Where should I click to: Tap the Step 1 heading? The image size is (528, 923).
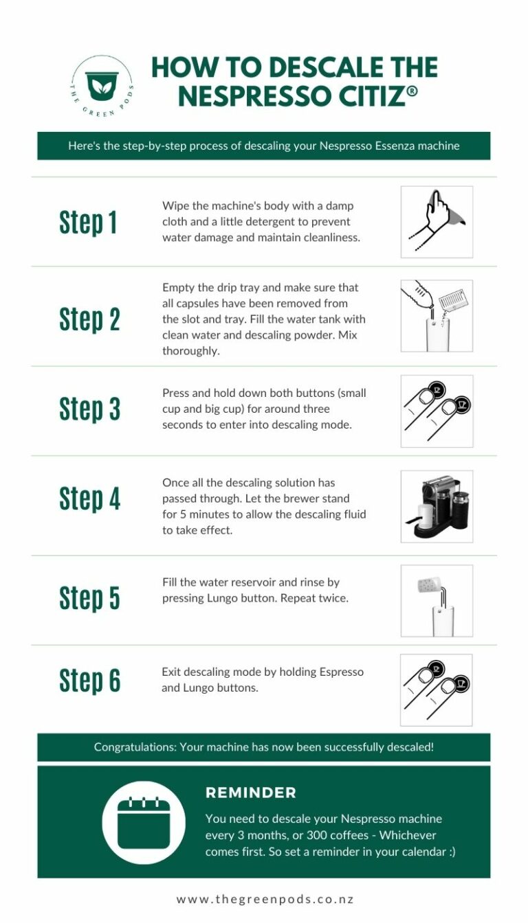(88, 223)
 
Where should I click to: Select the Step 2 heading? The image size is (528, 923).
(89, 319)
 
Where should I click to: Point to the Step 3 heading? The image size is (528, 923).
(89, 409)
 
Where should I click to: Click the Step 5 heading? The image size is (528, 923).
(89, 597)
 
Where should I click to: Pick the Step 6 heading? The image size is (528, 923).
(89, 680)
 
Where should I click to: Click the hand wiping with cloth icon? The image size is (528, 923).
(437, 222)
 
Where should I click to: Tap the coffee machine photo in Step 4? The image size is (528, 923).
(437, 506)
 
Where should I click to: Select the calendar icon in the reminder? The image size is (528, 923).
(143, 822)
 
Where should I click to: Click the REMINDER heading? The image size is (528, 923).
(250, 793)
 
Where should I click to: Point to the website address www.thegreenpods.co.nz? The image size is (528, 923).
(265, 899)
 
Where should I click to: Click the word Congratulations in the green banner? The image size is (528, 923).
(134, 747)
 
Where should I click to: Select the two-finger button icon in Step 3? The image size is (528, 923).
(437, 411)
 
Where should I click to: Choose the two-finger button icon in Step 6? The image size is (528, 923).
(437, 690)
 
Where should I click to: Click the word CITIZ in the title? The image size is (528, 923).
(362, 96)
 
